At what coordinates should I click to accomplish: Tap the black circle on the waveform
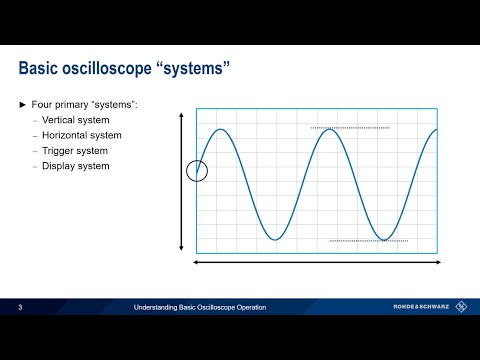pyautogui.click(x=197, y=170)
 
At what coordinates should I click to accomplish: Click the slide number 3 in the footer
pyautogui.click(x=20, y=308)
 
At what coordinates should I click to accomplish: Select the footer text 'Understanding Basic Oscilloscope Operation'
pyautogui.click(x=201, y=308)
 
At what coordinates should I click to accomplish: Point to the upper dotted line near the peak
pyautogui.click(x=350, y=128)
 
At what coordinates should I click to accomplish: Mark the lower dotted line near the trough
pyautogui.click(x=368, y=241)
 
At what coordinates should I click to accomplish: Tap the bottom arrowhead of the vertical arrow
pyautogui.click(x=181, y=248)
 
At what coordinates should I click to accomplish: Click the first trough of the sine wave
pyautogui.click(x=276, y=240)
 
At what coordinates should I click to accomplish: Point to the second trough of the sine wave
pyautogui.click(x=384, y=240)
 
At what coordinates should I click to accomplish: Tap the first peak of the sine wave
pyautogui.click(x=222, y=129)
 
